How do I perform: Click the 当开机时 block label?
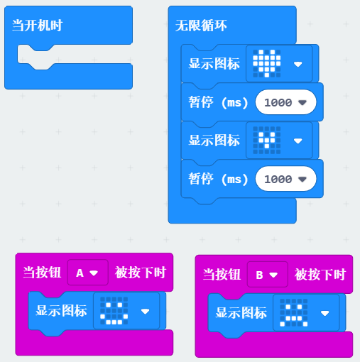(x=37, y=26)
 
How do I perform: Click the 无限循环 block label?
(x=201, y=26)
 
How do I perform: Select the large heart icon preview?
(x=267, y=63)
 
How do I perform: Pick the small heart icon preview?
(x=267, y=140)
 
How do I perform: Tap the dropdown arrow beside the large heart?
(x=298, y=64)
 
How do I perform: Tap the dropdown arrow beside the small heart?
(x=298, y=141)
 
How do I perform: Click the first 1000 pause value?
(x=278, y=102)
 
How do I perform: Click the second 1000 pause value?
(x=278, y=179)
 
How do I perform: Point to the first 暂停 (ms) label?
(x=218, y=102)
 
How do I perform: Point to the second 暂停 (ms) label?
(x=218, y=179)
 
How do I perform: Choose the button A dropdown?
(x=88, y=273)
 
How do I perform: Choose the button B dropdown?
(x=268, y=275)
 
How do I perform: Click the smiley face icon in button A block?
(x=114, y=311)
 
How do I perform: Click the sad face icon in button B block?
(x=294, y=313)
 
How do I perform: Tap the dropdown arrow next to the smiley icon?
(x=145, y=312)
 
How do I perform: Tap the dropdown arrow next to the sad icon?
(x=324, y=313)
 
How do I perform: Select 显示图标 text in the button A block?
(x=61, y=310)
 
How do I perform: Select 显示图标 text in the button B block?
(x=241, y=312)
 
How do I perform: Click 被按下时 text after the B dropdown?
(x=320, y=274)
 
